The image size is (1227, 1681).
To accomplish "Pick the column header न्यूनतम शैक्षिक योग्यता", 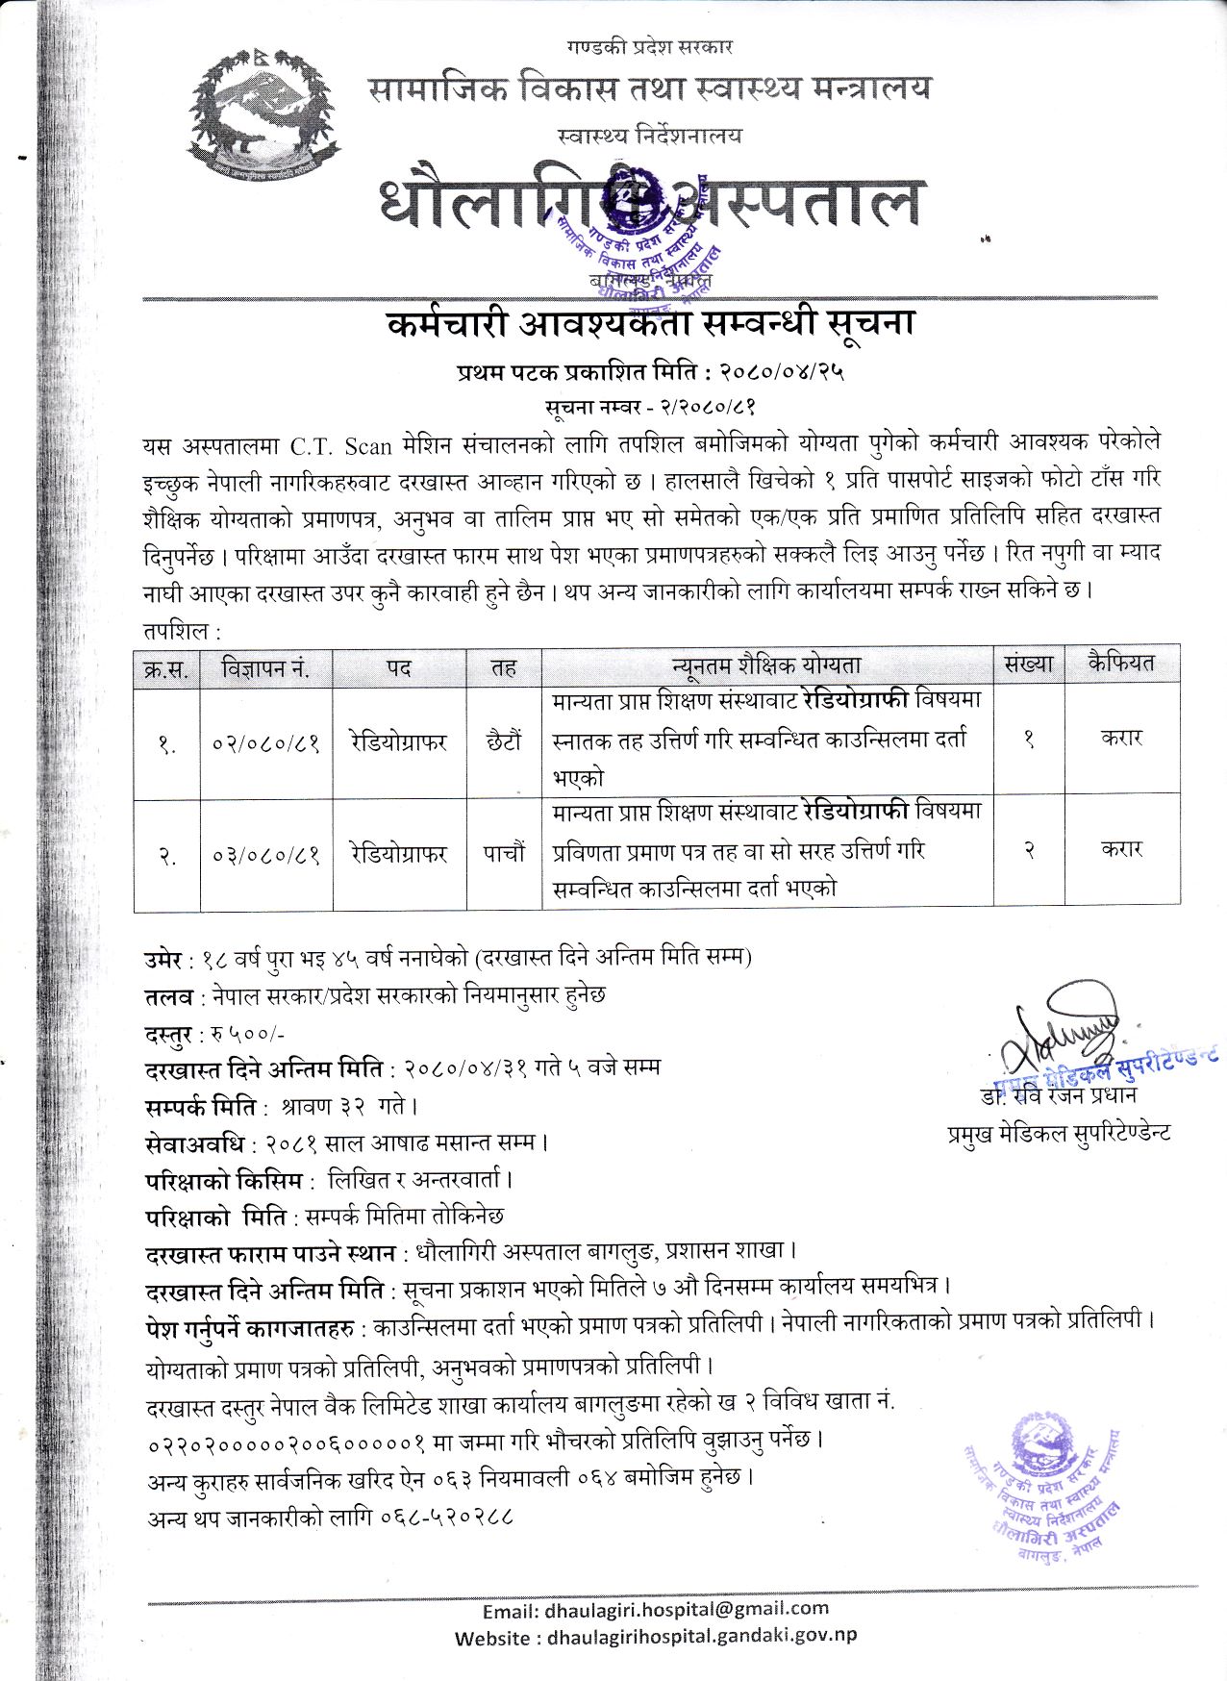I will point(765,665).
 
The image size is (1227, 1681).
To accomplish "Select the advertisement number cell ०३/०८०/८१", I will point(265,854).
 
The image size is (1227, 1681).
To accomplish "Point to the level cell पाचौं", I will point(503,853).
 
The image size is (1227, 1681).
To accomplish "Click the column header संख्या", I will point(1028,664).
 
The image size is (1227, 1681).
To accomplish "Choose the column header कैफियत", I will point(1121,663).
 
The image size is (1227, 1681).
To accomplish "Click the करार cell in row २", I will point(1121,848).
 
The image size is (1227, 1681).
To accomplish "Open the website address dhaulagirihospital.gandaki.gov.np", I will point(701,1636).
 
